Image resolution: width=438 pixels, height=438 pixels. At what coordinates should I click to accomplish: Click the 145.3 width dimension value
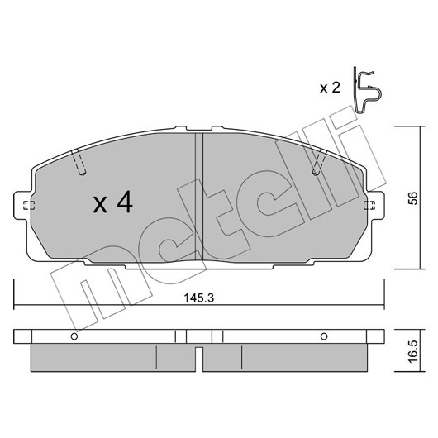[x=198, y=298]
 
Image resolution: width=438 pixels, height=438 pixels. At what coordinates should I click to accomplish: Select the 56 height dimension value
[x=413, y=198]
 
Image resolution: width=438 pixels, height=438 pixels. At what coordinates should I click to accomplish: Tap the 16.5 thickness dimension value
[x=413, y=351]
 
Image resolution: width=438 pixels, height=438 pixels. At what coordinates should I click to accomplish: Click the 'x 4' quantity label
[x=113, y=202]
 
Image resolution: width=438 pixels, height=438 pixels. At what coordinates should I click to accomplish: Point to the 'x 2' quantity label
[x=330, y=88]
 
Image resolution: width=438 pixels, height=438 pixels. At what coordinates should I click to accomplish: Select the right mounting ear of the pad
[x=375, y=205]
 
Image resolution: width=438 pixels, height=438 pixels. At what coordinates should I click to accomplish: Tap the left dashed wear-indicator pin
[x=79, y=163]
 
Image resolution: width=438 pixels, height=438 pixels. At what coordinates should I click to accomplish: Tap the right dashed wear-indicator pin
[x=320, y=163]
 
